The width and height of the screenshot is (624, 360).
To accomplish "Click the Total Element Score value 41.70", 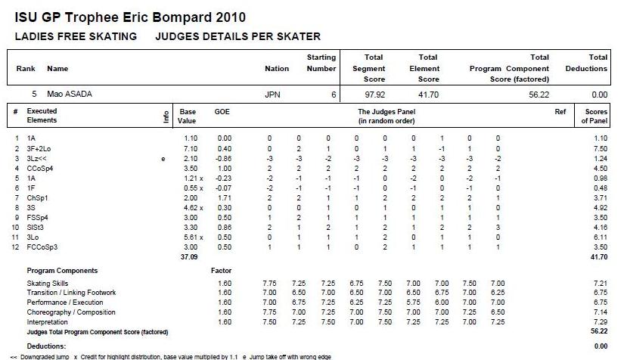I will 428,95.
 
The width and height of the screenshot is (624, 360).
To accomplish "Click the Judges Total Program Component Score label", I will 97,332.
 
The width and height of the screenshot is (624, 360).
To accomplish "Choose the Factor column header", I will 222,270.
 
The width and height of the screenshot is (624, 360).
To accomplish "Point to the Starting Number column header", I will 321,63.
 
